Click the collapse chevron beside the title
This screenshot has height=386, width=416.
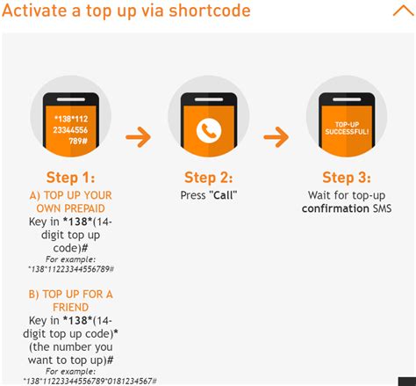(x=404, y=11)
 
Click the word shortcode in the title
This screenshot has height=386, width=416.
(x=210, y=11)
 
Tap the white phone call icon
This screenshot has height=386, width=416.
(x=209, y=130)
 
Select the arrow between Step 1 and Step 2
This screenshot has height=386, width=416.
(x=139, y=137)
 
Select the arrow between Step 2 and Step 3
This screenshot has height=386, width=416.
(x=276, y=137)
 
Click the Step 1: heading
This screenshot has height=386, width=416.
(x=70, y=178)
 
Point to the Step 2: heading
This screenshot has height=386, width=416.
(x=209, y=178)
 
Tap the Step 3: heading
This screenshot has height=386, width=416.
(x=347, y=178)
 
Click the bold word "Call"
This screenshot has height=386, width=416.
(x=223, y=195)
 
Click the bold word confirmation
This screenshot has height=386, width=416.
(x=335, y=208)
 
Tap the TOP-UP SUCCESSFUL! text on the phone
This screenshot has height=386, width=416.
(x=347, y=128)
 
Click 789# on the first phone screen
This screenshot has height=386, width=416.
(x=78, y=142)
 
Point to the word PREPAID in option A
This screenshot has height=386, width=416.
(x=87, y=208)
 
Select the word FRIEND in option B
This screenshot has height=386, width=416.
(x=70, y=308)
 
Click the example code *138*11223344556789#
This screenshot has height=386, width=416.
(x=71, y=269)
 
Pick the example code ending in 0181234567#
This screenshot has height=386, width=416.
(x=90, y=381)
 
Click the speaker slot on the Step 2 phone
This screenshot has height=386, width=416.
(x=209, y=99)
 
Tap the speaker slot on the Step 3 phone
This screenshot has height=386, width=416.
(x=347, y=99)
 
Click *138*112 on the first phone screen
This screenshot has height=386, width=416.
(x=71, y=119)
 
